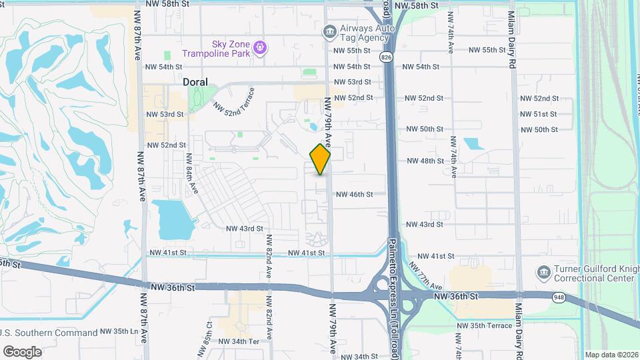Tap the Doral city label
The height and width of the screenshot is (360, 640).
pos(195,82)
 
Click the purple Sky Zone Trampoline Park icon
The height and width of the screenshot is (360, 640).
pos(260,47)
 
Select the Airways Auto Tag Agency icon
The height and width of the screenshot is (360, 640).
pos(329,31)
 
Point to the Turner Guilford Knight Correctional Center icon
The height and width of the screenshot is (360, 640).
pos(543,272)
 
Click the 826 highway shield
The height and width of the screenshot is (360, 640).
pos(387,58)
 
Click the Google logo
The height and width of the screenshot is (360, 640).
pos(22,351)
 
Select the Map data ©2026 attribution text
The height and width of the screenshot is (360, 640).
pos(611,355)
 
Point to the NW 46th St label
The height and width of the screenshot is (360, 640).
pos(360,194)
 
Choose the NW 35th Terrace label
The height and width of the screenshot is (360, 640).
pos(484,325)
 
